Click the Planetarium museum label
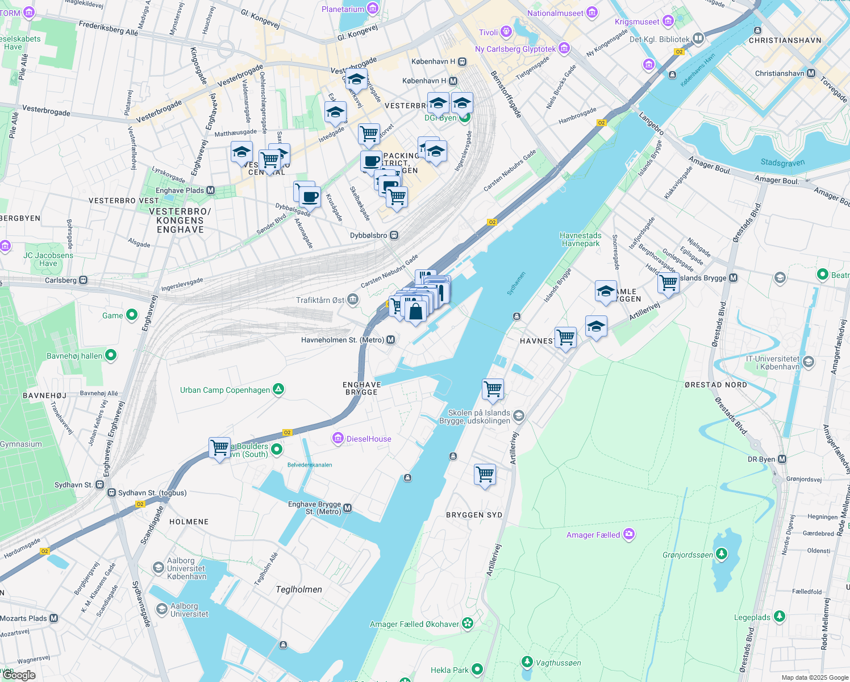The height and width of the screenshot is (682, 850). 343,9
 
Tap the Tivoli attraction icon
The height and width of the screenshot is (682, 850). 505,32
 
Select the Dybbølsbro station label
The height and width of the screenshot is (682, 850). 369,235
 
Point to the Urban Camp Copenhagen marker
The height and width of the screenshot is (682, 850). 278,389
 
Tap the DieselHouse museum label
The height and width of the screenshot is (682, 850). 369,439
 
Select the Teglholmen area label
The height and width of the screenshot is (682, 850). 299,589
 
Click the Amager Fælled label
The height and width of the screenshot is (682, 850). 593,535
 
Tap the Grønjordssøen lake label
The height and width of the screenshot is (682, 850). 688,555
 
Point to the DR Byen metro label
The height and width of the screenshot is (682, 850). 761,459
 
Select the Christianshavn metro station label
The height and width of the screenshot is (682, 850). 780,73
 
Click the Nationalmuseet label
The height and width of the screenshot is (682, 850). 555,13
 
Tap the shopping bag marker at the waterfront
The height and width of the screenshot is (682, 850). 415,311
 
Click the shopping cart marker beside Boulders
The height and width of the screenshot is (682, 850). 219,448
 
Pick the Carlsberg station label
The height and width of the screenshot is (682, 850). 61,280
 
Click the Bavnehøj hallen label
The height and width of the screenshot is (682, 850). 74,356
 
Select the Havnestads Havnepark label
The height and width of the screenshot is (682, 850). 580,239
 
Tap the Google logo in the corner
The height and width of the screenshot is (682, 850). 19,675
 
